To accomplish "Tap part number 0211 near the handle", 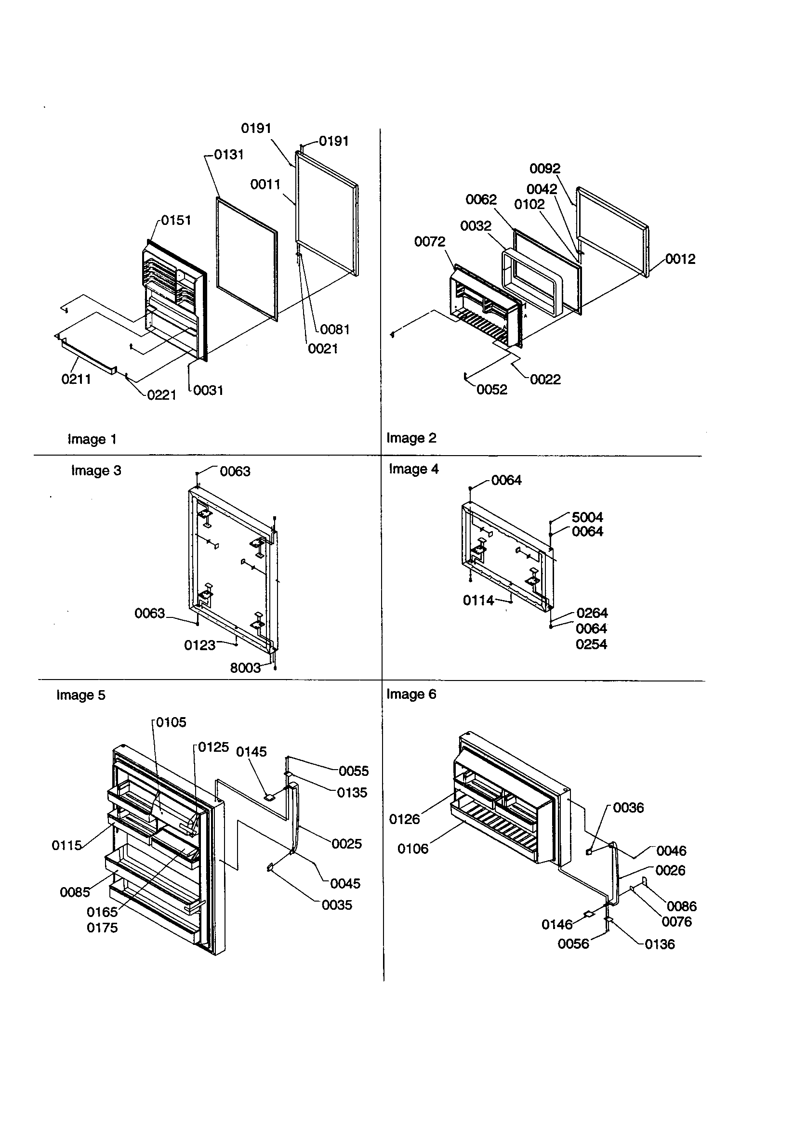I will (76, 379).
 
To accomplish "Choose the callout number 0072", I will (429, 241).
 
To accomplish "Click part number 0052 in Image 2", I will (492, 390).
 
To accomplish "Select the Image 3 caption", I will (96, 471).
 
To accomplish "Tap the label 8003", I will (245, 668).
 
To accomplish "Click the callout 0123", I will (200, 645).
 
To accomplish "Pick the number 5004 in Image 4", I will (587, 517).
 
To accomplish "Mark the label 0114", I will (478, 600).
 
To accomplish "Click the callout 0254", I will (591, 644).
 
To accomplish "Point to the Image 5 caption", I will (81, 695).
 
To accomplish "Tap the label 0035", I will (337, 905).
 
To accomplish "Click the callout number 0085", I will (75, 892).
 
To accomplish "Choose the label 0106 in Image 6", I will (413, 849).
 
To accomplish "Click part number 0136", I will (660, 944).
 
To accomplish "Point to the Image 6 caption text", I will (411, 694).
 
